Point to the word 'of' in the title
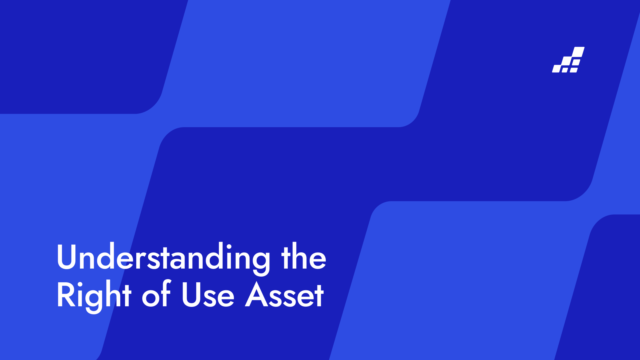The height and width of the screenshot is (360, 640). [156, 294]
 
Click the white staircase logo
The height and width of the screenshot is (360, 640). [568, 60]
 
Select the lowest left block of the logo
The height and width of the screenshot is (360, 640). [556, 69]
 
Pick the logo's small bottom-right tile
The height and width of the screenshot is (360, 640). [574, 70]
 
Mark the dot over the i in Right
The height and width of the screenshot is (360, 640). [80, 285]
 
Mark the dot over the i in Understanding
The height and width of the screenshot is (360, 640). [229, 246]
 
